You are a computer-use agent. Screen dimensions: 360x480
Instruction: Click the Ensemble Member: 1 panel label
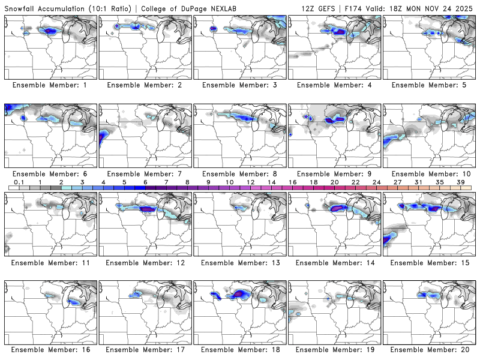pos(50,85)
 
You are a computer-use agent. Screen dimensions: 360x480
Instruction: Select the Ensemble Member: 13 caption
pos(240,262)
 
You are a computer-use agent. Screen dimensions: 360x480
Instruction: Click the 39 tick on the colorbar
pos(460,182)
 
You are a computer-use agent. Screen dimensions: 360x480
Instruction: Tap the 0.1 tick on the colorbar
pos(19,182)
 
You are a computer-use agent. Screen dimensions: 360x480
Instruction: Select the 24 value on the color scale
pos(376,182)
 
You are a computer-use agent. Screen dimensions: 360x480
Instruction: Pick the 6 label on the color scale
pos(145,182)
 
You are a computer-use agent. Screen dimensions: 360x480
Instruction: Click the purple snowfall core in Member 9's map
pos(332,120)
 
